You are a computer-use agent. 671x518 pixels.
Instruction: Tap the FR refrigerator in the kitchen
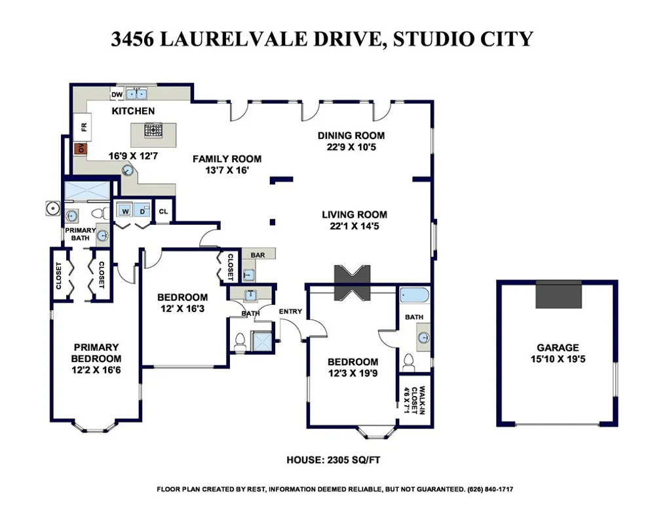pyautogui.click(x=83, y=126)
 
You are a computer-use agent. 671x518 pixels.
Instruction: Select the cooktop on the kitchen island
pyautogui.click(x=153, y=131)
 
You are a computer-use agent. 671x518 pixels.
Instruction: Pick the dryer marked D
pyautogui.click(x=142, y=212)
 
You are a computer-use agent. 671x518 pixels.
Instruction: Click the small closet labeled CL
pyautogui.click(x=163, y=212)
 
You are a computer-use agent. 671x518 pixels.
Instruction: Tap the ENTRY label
pyautogui.click(x=290, y=311)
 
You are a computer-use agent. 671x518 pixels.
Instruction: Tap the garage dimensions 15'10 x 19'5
pyautogui.click(x=558, y=359)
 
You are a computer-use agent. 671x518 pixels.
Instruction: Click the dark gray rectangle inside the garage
pyautogui.click(x=558, y=294)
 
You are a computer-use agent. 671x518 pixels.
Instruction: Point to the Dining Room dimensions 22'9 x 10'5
pyautogui.click(x=351, y=147)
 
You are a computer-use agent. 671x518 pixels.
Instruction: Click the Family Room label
pyautogui.click(x=227, y=159)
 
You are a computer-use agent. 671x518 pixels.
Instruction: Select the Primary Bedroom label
pyautogui.click(x=96, y=353)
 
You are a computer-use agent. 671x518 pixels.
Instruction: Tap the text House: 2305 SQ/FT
pyautogui.click(x=334, y=460)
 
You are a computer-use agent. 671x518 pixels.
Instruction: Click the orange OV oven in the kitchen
pyautogui.click(x=81, y=149)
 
